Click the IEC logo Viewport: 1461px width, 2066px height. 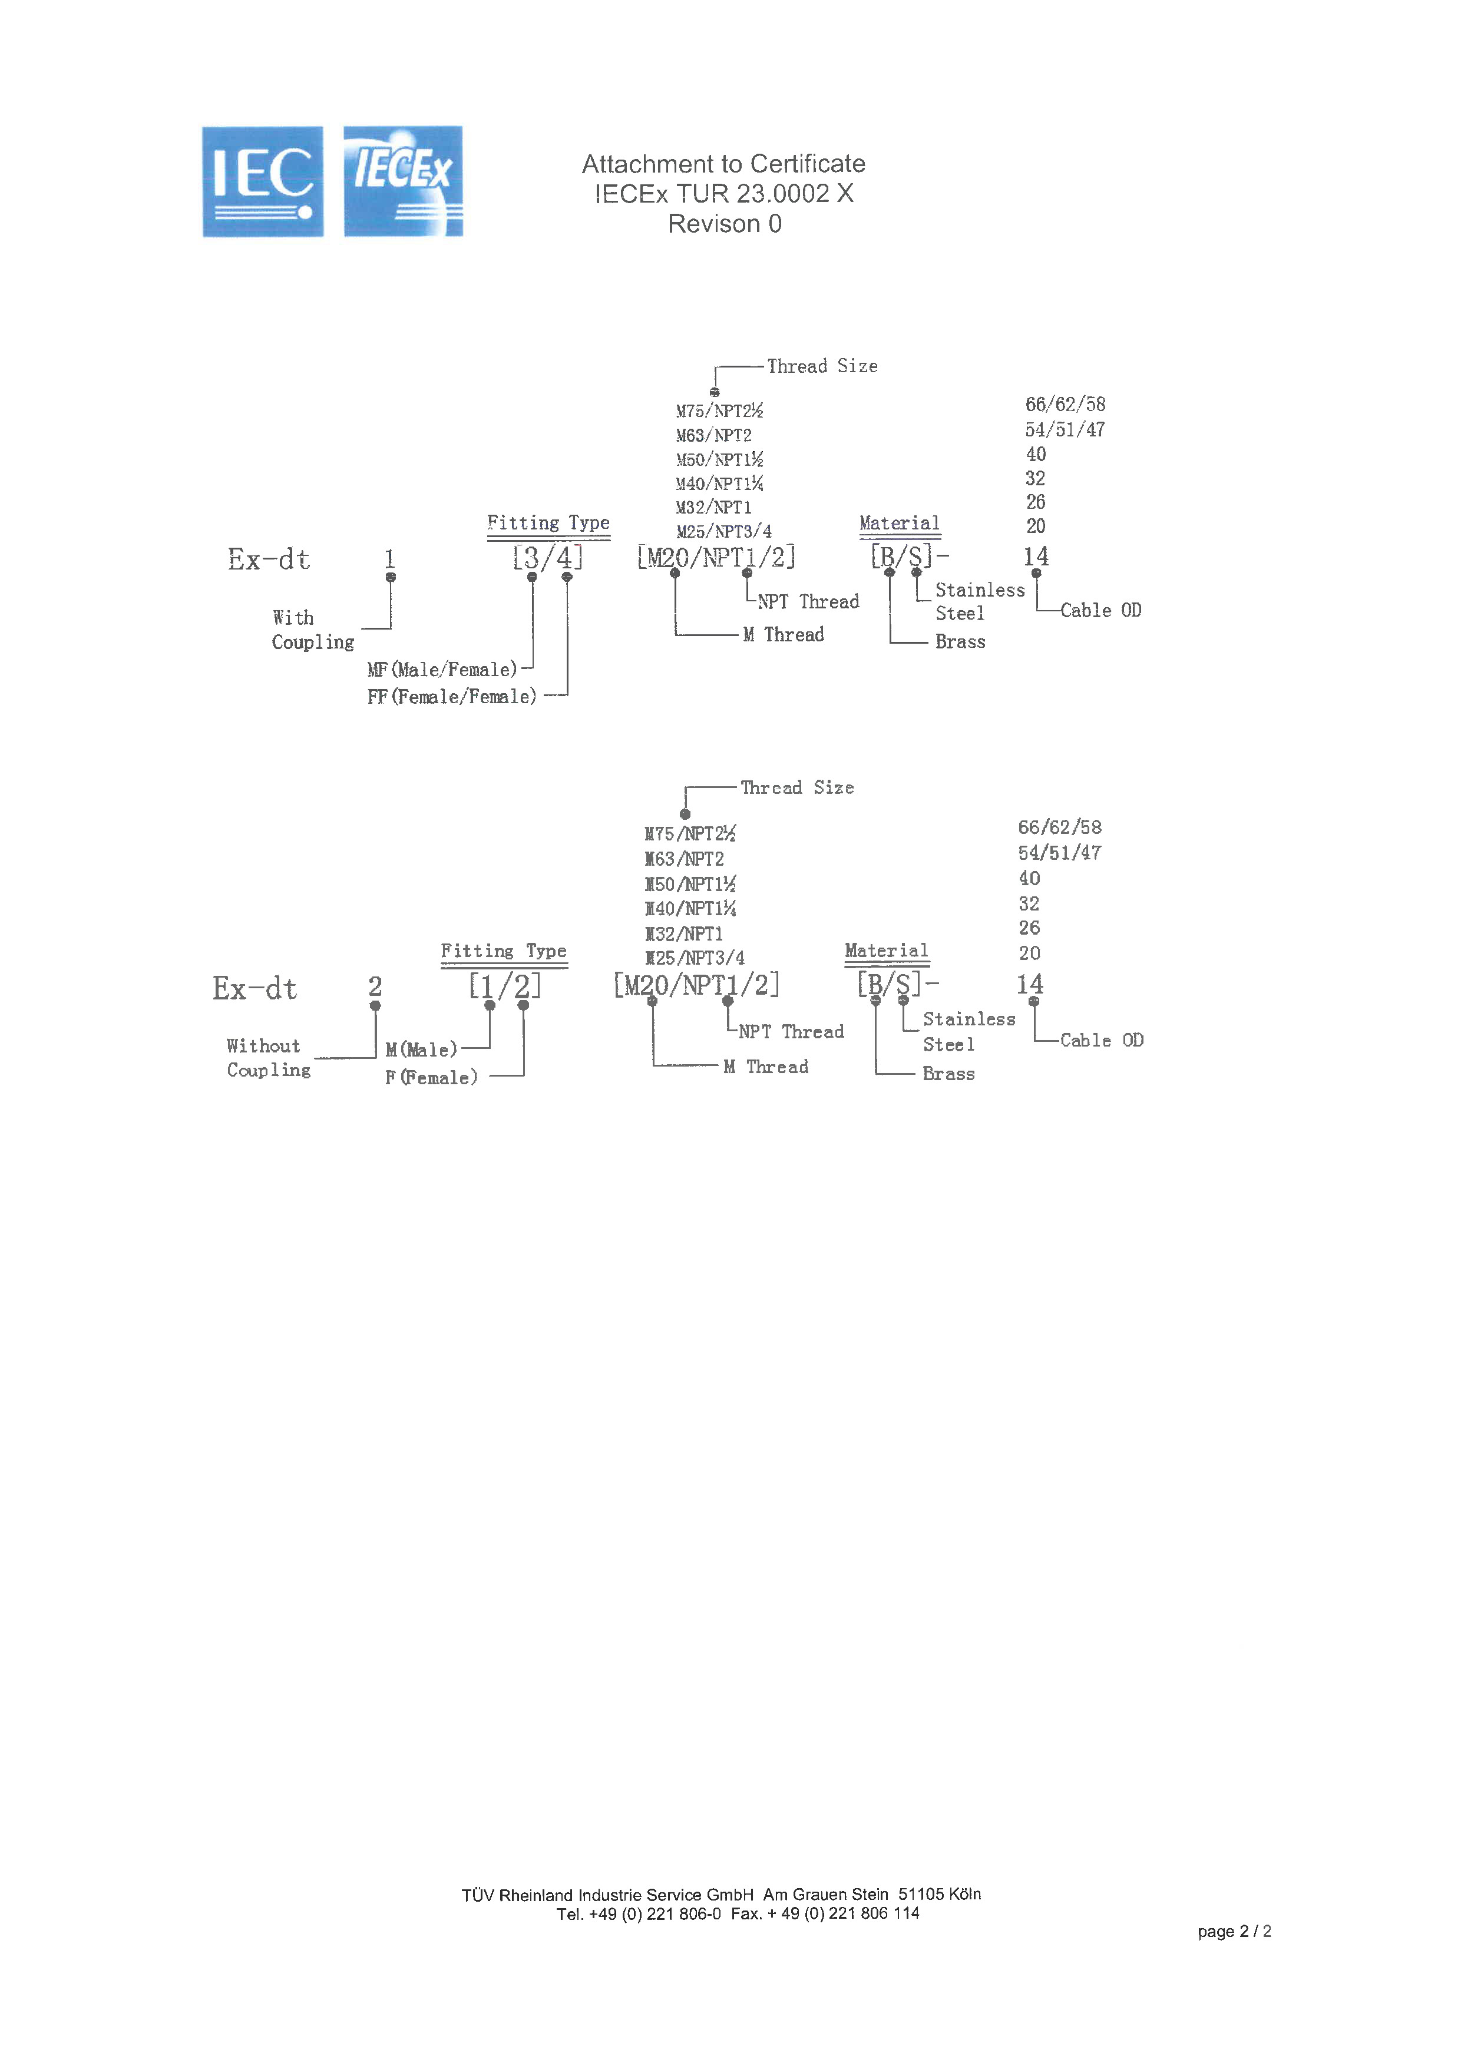pyautogui.click(x=262, y=182)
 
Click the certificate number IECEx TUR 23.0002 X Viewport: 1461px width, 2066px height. pyautogui.click(x=724, y=193)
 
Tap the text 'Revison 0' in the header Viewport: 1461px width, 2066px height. pyautogui.click(x=724, y=224)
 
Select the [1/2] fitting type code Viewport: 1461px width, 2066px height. pyautogui.click(x=504, y=986)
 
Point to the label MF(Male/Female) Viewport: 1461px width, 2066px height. pyautogui.click(x=442, y=670)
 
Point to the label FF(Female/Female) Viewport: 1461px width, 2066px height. pyautogui.click(x=451, y=697)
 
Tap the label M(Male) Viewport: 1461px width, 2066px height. pyautogui.click(x=421, y=1049)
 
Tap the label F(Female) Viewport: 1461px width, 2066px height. pyautogui.click(x=431, y=1077)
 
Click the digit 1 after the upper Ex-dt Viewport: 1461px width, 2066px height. pyautogui.click(x=390, y=558)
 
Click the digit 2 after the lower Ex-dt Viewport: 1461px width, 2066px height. pyautogui.click(x=375, y=986)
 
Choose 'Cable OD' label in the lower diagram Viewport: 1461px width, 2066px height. pyautogui.click(x=1101, y=1040)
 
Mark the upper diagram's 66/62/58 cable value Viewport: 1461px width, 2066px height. pyautogui.click(x=1065, y=404)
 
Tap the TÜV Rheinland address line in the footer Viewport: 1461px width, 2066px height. pyautogui.click(x=721, y=1894)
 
